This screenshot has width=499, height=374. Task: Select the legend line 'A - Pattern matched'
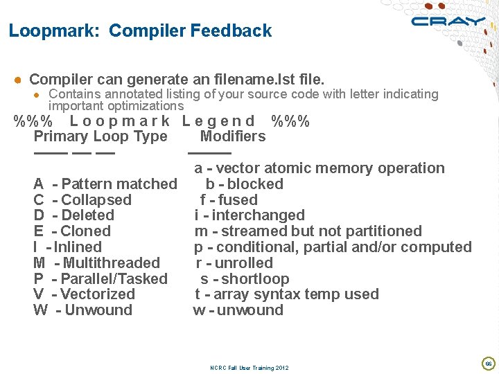(x=105, y=184)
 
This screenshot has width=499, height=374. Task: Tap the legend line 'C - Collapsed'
(x=82, y=200)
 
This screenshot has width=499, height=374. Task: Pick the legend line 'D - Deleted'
(x=74, y=215)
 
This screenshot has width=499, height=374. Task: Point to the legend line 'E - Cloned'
(x=72, y=231)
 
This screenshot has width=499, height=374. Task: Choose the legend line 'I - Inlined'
(x=67, y=247)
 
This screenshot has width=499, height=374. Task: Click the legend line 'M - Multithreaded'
(x=96, y=263)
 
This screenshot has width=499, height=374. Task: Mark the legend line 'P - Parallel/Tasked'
(x=100, y=279)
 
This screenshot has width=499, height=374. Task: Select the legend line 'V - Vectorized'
(x=84, y=294)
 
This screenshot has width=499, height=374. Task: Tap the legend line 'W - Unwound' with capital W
(x=82, y=310)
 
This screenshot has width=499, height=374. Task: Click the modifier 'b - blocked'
(x=245, y=184)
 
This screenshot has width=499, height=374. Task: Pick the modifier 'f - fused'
(x=229, y=200)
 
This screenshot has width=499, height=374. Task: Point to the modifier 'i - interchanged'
(x=249, y=215)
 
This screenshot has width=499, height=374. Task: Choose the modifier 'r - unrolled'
(x=234, y=263)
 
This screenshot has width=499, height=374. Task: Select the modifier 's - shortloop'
(x=245, y=279)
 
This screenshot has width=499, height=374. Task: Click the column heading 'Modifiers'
(x=232, y=136)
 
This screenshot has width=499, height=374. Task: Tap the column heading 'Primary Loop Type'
(x=100, y=136)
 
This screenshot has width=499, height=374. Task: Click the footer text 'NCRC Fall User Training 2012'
(x=249, y=368)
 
